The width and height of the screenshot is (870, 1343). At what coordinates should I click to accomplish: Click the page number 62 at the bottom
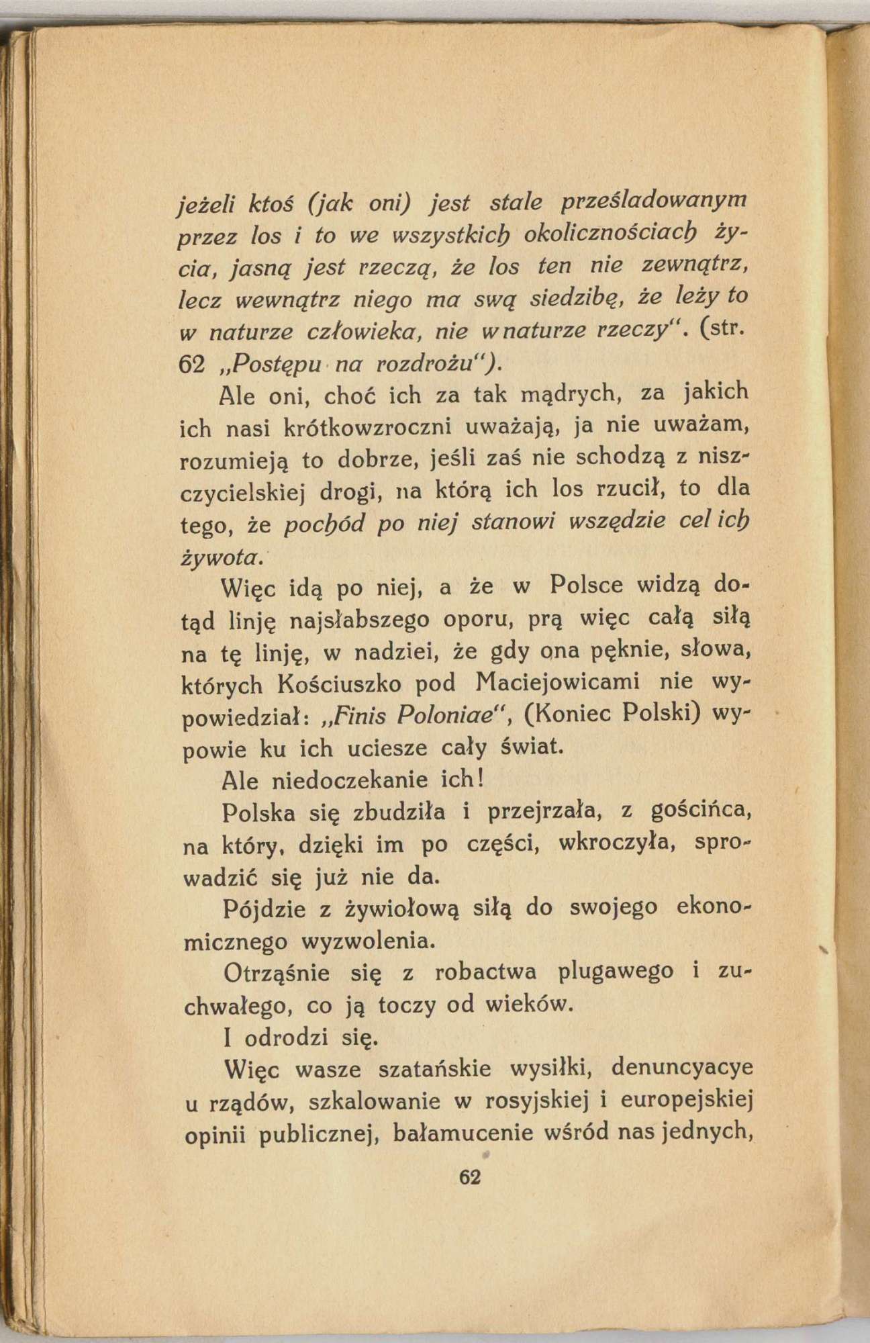click(470, 1177)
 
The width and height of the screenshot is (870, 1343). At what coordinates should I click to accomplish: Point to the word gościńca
click(702, 813)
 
